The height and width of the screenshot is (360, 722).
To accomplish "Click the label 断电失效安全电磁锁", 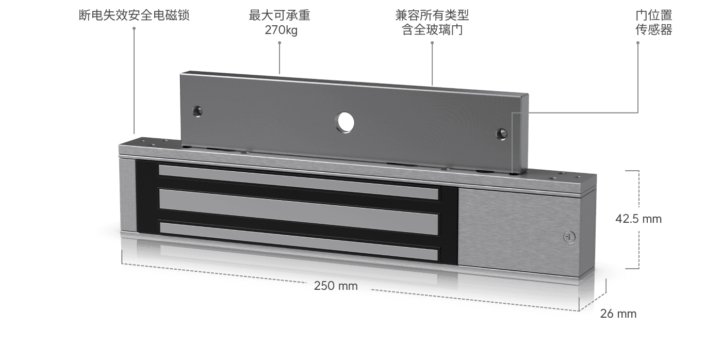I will click(x=134, y=15).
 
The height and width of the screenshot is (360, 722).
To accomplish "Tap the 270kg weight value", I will click(x=281, y=30).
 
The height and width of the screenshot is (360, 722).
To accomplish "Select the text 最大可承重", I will click(x=280, y=15).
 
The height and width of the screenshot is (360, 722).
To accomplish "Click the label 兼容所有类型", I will click(x=432, y=15).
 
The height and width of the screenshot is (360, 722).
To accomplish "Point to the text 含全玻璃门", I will click(x=432, y=30).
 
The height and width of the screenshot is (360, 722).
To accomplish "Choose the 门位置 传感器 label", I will click(x=653, y=23).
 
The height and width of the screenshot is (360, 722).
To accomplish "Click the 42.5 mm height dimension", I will click(x=638, y=219).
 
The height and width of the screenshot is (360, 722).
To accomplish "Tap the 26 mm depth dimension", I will click(x=618, y=314).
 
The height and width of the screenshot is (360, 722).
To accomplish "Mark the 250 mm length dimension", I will click(x=336, y=286).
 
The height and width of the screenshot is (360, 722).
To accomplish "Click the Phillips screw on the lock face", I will click(x=569, y=237).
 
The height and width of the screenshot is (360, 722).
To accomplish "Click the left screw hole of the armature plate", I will click(x=197, y=111).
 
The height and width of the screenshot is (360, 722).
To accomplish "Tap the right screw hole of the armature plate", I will click(x=500, y=134).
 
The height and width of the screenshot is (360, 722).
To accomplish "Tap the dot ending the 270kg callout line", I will click(x=280, y=43).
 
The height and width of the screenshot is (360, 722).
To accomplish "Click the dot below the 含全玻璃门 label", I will click(x=432, y=43).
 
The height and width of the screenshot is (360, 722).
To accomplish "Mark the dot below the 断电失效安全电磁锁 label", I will click(x=134, y=28).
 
